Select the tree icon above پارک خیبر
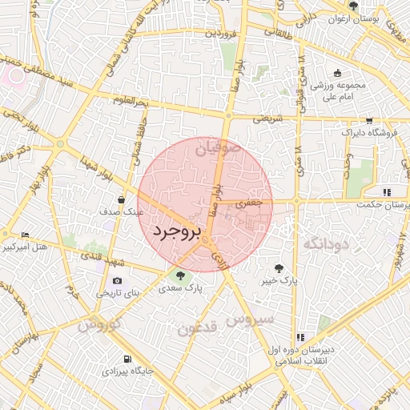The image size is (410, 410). [x=279, y=268]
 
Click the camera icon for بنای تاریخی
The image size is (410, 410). [x=118, y=280]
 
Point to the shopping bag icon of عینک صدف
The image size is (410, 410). [x=121, y=200]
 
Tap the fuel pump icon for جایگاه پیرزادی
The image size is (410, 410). [x=128, y=359]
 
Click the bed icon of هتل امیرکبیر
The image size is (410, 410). [x=25, y=235]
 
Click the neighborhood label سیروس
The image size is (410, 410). [x=250, y=320]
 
